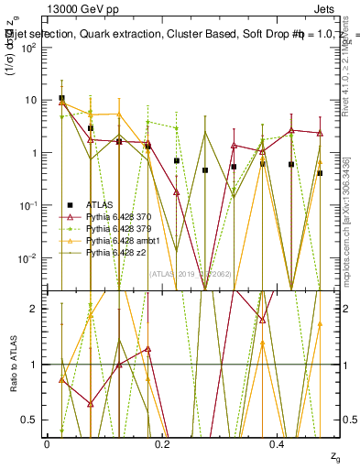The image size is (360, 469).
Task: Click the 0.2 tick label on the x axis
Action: coord(162,443)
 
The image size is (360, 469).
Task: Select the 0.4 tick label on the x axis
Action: coord(278,443)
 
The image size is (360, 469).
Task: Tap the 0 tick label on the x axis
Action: coord(47,443)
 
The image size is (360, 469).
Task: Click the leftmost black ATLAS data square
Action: coord(61,98)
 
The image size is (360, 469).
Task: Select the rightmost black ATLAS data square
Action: coord(320,173)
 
